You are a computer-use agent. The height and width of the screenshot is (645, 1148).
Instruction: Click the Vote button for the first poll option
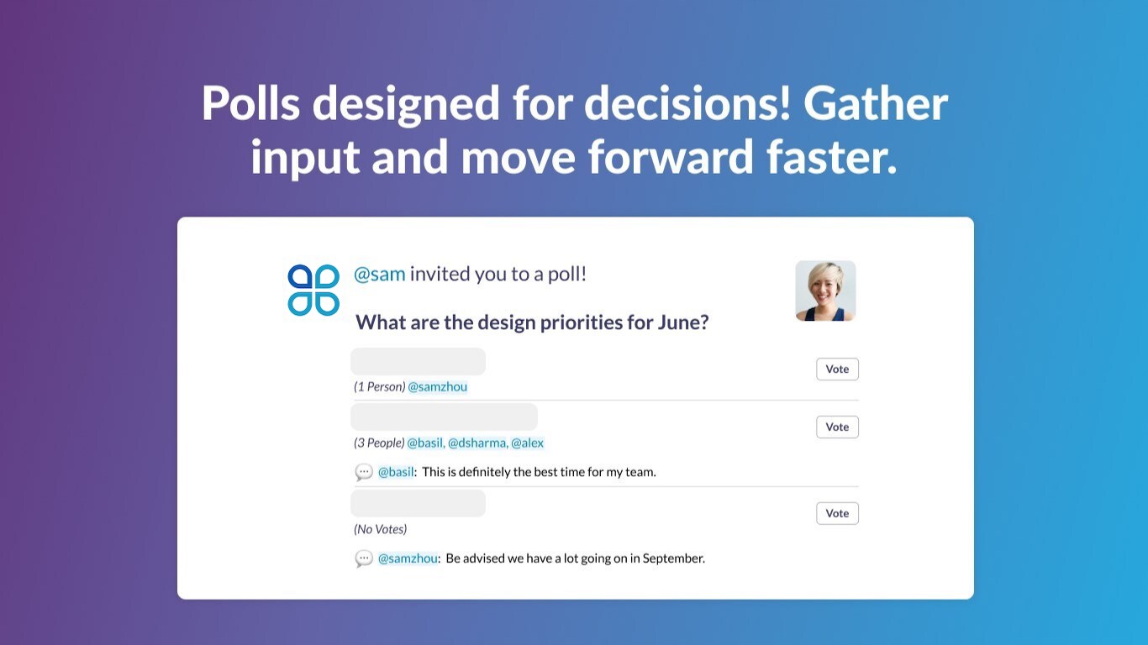837,369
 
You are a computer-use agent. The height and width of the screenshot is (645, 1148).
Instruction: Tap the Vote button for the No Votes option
837,513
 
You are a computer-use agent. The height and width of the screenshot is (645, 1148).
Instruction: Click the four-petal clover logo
313,290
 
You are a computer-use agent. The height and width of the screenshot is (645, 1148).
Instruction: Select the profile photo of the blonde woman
825,291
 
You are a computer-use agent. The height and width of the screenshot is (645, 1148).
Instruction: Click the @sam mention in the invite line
379,274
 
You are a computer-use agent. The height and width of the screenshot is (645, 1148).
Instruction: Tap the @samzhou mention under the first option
437,387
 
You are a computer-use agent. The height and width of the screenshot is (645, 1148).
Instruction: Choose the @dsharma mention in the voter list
477,443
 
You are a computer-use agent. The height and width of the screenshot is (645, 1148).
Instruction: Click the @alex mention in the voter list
527,443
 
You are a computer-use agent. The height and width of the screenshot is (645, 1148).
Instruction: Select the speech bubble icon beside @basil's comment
363,472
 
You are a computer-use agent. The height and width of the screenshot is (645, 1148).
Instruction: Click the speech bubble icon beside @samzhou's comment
363,558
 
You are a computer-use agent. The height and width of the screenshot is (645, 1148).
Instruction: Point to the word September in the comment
673,558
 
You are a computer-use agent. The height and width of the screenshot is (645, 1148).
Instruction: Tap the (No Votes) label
380,529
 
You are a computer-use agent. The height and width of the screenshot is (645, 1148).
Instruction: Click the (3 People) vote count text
379,443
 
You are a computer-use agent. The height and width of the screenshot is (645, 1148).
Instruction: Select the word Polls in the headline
250,103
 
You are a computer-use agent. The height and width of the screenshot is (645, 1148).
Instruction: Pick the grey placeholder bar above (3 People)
444,417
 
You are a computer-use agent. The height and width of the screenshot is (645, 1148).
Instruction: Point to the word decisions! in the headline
687,103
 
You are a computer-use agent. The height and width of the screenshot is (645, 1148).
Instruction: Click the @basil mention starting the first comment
395,472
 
